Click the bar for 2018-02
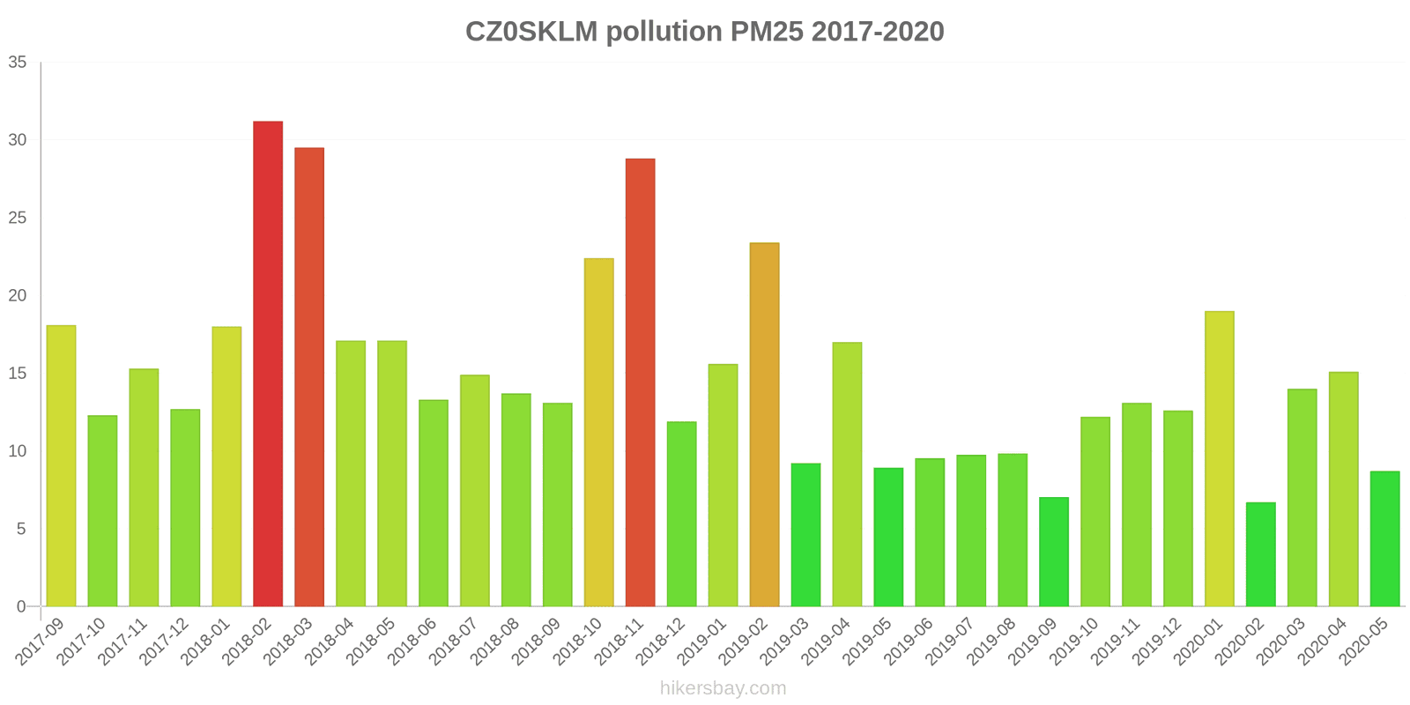coord(268,364)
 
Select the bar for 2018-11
coord(641,382)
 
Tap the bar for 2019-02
coord(764,425)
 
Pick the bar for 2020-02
coord(1260,554)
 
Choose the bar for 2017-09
coord(61,466)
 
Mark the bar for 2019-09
coord(1054,552)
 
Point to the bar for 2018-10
coord(599,433)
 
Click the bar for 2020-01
coord(1219,459)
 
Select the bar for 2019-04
coord(847,474)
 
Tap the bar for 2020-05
coord(1384,539)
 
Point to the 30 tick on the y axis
coord(18,140)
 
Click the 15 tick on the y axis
coord(18,374)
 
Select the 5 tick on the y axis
coord(22,529)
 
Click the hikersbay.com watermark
coord(723,688)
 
